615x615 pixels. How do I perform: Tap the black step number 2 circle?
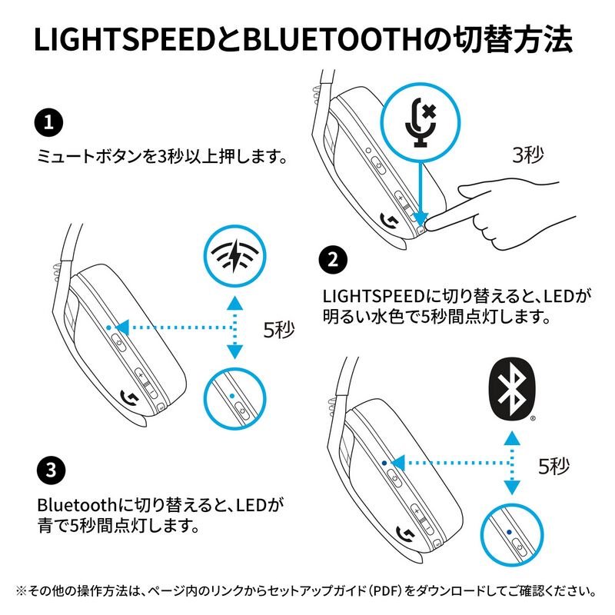(332, 259)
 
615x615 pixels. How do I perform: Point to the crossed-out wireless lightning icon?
(232, 257)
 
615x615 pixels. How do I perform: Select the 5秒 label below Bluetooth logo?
(553, 466)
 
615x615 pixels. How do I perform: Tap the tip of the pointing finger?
(427, 224)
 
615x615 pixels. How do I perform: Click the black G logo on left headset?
(130, 398)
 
